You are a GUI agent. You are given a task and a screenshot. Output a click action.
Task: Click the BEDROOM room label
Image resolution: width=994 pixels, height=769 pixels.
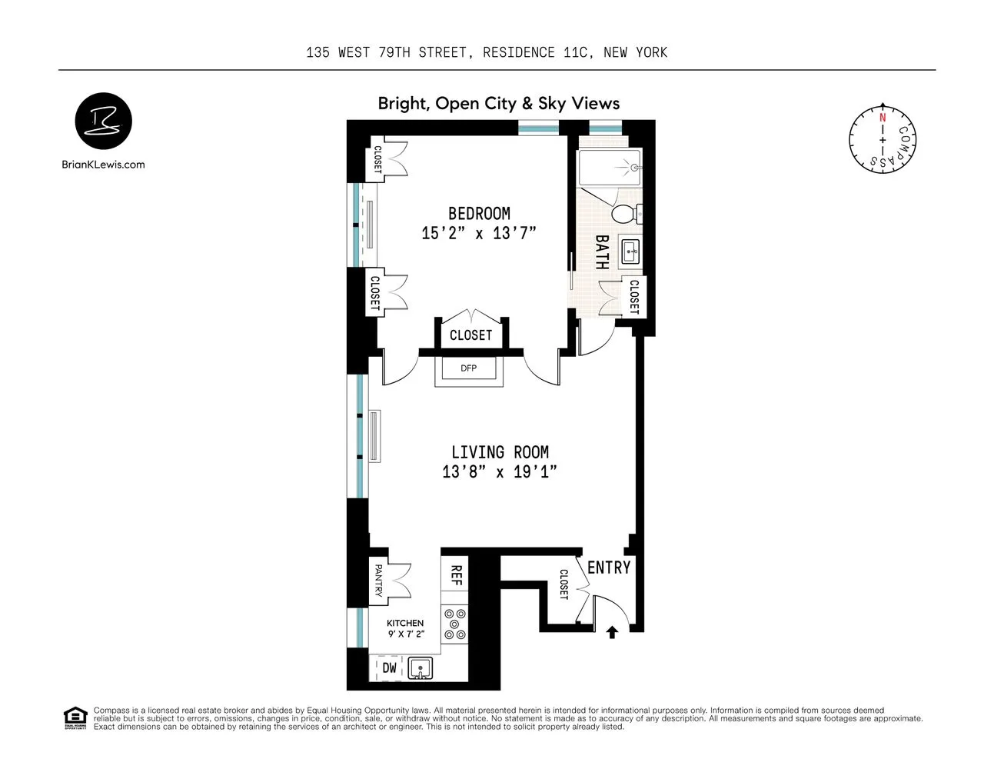pyautogui.click(x=479, y=213)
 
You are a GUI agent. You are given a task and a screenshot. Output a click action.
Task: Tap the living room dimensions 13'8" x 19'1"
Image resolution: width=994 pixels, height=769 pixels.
pyautogui.click(x=499, y=471)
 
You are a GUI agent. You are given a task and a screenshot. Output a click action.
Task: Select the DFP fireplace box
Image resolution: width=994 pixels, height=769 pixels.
pyautogui.click(x=469, y=368)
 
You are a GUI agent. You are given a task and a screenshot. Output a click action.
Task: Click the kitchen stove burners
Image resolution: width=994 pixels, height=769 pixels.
pyautogui.click(x=455, y=624)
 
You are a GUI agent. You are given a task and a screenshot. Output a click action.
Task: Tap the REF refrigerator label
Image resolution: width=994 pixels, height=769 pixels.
pyautogui.click(x=455, y=575)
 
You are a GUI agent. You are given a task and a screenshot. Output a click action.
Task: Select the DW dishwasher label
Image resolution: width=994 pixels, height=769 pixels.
pyautogui.click(x=390, y=668)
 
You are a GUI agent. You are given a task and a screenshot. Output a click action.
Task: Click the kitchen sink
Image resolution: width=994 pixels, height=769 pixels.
pyautogui.click(x=420, y=668)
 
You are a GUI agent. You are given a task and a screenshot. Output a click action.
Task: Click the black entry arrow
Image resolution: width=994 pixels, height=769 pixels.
pyautogui.click(x=612, y=632)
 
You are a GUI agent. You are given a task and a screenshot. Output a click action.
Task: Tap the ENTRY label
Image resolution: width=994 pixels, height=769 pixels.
pyautogui.click(x=608, y=568)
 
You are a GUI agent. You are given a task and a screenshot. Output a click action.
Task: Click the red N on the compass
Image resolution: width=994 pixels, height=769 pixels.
pyautogui.click(x=883, y=118)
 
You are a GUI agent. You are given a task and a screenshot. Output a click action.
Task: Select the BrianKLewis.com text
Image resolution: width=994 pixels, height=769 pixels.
pyautogui.click(x=103, y=164)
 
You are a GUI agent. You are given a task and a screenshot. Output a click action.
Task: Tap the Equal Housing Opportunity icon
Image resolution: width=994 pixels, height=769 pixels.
pyautogui.click(x=75, y=718)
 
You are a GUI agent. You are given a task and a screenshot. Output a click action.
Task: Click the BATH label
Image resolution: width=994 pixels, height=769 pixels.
pyautogui.click(x=602, y=252)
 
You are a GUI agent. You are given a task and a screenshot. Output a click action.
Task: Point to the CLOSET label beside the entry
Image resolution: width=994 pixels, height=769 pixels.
pyautogui.click(x=563, y=585)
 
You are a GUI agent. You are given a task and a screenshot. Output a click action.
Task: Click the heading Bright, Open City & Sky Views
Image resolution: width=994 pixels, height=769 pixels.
pyautogui.click(x=498, y=103)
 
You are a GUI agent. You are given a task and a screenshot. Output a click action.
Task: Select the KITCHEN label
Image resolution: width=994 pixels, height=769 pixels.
pyautogui.click(x=405, y=623)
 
